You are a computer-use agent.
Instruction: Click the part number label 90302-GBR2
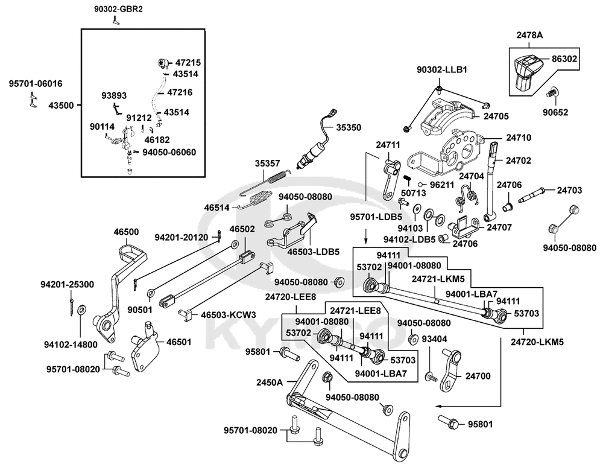[118, 8]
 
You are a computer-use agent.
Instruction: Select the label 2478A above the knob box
[529, 35]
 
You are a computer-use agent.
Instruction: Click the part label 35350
[349, 127]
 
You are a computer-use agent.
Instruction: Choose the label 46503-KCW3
[228, 315]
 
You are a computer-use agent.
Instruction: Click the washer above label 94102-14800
[81, 309]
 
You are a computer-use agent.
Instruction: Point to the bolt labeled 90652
[552, 92]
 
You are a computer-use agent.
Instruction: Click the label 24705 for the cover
[496, 116]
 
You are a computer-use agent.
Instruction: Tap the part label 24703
[570, 190]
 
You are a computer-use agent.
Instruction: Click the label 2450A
[269, 383]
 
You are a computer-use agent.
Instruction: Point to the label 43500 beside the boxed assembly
[61, 105]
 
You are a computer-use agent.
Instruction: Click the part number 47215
[188, 62]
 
